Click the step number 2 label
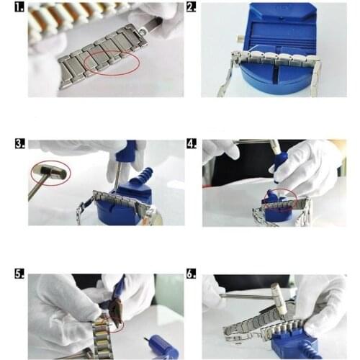[192, 9]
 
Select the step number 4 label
[192, 144]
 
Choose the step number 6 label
[192, 275]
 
